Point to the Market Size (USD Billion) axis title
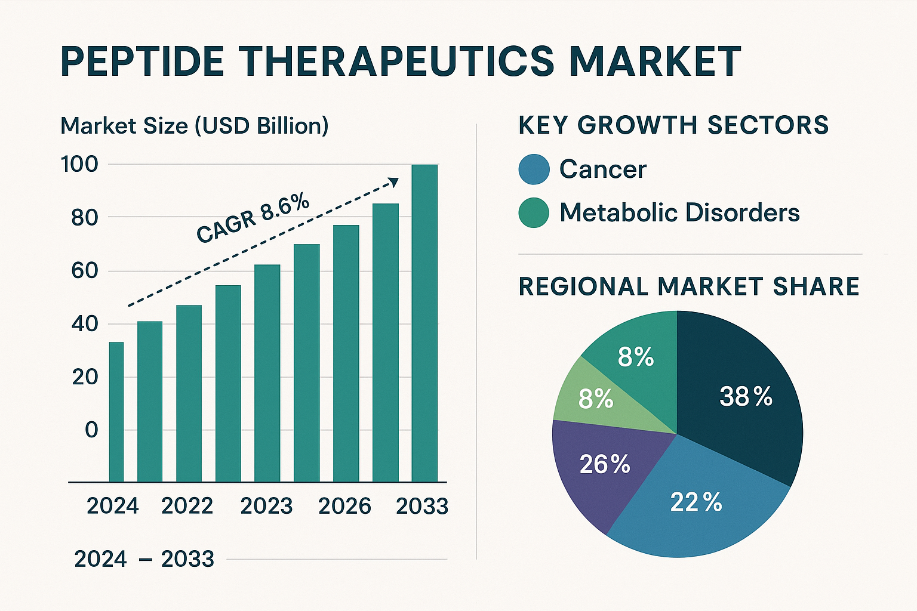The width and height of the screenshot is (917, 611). click(x=195, y=126)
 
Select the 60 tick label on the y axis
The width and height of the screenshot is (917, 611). click(x=84, y=271)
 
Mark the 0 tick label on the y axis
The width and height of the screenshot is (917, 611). click(x=91, y=430)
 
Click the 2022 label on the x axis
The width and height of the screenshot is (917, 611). click(x=187, y=506)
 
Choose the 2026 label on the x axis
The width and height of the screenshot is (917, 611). click(x=344, y=506)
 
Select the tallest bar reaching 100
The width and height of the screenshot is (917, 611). click(x=424, y=322)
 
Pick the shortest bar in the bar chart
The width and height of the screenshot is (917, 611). click(x=116, y=412)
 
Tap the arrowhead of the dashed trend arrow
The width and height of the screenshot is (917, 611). click(x=393, y=181)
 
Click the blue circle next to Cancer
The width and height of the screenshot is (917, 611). click(x=534, y=169)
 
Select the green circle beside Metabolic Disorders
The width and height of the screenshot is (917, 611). click(x=534, y=213)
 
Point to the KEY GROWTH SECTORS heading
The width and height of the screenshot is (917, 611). click(x=673, y=125)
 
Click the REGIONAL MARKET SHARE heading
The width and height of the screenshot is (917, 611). click(x=688, y=286)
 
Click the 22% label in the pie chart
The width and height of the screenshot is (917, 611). click(x=696, y=502)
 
